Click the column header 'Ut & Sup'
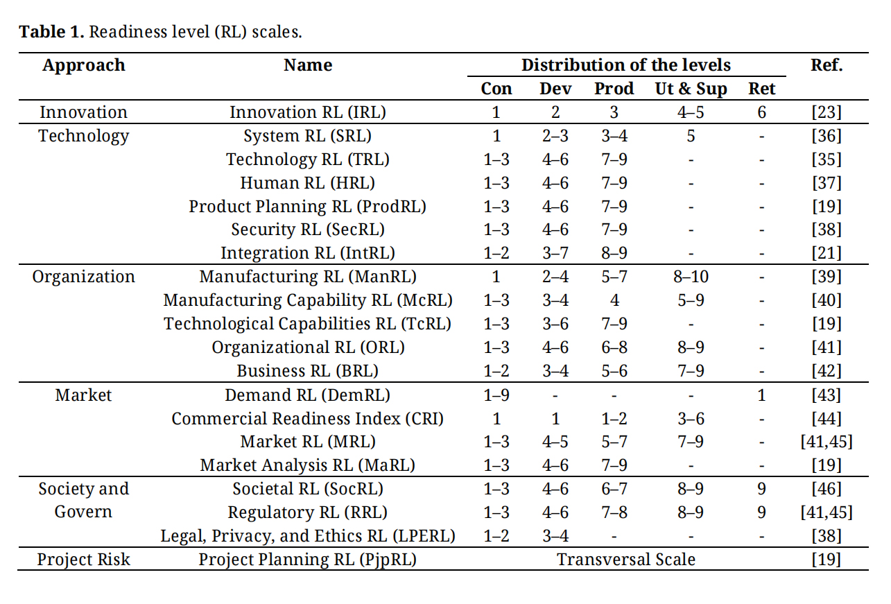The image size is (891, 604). tap(691, 88)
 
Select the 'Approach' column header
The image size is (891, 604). tap(83, 65)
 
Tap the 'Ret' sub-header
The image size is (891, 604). tap(762, 88)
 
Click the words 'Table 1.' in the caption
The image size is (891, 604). tap(52, 32)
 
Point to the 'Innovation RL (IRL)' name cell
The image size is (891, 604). tap(308, 112)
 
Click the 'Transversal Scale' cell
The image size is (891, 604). tap(626, 560)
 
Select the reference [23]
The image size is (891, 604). tap(827, 112)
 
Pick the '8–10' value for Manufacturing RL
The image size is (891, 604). tap(691, 277)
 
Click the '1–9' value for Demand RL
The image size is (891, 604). tap(496, 395)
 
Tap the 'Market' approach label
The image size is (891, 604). tap(83, 395)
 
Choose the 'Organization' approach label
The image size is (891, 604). tap(83, 277)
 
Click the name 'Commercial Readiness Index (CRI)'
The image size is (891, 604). tap(308, 419)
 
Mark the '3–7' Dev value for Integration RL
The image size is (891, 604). tap(555, 253)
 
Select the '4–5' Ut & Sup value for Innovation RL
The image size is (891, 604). tap(691, 112)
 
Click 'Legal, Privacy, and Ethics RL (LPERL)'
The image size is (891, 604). tap(308, 536)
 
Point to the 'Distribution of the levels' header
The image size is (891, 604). tap(626, 65)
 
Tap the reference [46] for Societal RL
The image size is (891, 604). tap(827, 489)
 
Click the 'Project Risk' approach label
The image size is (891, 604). tap(83, 560)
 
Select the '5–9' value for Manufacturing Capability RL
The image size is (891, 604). tap(691, 300)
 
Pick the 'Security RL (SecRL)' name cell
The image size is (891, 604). tap(308, 230)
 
